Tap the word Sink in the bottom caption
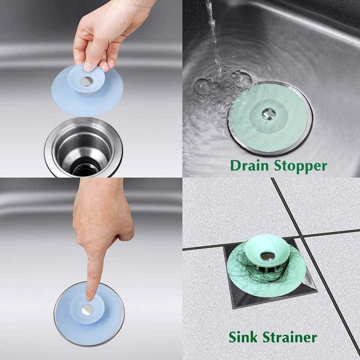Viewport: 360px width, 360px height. point(244,337)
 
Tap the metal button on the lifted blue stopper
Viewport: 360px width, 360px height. point(85,81)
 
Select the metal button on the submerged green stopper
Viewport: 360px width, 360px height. point(268,114)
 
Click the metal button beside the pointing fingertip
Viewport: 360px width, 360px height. point(88,309)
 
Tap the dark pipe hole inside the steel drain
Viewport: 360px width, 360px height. point(85,166)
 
